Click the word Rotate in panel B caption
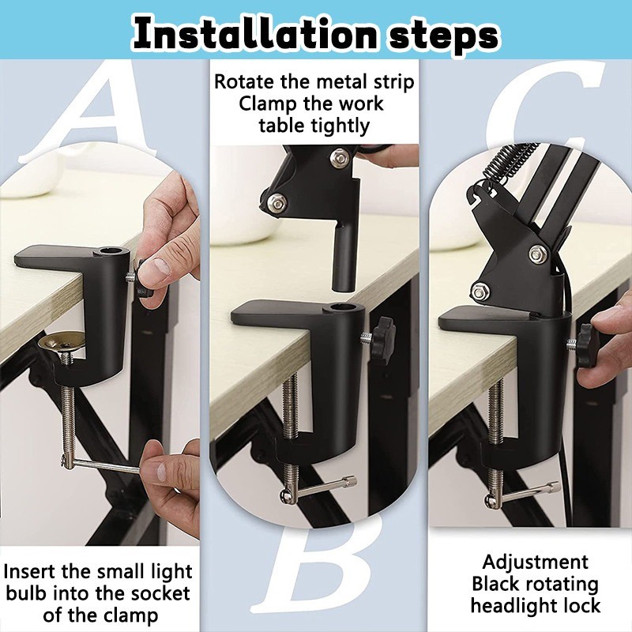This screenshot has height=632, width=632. coord(244,82)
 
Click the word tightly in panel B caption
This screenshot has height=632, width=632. coord(342,126)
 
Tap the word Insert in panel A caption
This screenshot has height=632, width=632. coord(30,571)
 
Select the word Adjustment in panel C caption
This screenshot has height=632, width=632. coord(536,562)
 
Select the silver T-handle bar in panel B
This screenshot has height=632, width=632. coord(318,487)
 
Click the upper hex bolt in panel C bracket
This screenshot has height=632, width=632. coord(538,254)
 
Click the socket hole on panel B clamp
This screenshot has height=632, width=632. coord(338,309)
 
